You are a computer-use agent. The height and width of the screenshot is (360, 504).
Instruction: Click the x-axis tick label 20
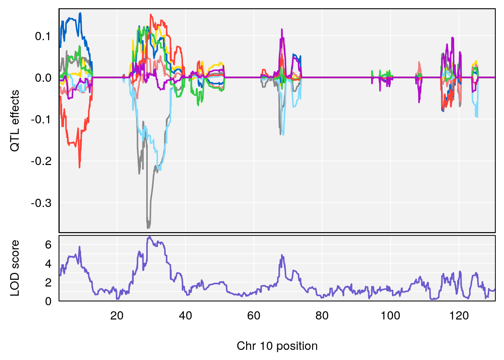(x=117, y=316)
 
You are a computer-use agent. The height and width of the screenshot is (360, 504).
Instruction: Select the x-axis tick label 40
(x=185, y=316)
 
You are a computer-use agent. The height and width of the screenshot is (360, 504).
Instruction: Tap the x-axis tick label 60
(x=254, y=316)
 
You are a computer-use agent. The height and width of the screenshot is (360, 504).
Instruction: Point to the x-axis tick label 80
(x=322, y=316)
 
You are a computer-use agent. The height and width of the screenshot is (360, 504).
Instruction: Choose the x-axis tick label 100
(x=390, y=316)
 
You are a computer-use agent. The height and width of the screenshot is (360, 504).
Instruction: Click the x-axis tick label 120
(x=459, y=316)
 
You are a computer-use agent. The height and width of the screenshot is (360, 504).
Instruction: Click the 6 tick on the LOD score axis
(x=48, y=245)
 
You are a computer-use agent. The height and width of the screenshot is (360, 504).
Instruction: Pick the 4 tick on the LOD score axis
(x=48, y=264)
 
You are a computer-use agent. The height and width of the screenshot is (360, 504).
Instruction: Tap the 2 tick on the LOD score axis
(x=48, y=282)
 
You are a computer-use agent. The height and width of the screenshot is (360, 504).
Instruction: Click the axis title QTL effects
(x=15, y=121)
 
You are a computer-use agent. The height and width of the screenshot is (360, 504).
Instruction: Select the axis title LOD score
(x=15, y=268)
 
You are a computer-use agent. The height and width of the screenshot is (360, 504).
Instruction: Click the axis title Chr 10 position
(x=277, y=346)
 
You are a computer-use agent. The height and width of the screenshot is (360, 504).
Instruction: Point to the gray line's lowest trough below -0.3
(x=148, y=228)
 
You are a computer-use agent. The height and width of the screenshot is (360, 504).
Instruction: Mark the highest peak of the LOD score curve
(x=149, y=237)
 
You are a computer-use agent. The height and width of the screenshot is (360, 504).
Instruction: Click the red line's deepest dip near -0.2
(x=79, y=167)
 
